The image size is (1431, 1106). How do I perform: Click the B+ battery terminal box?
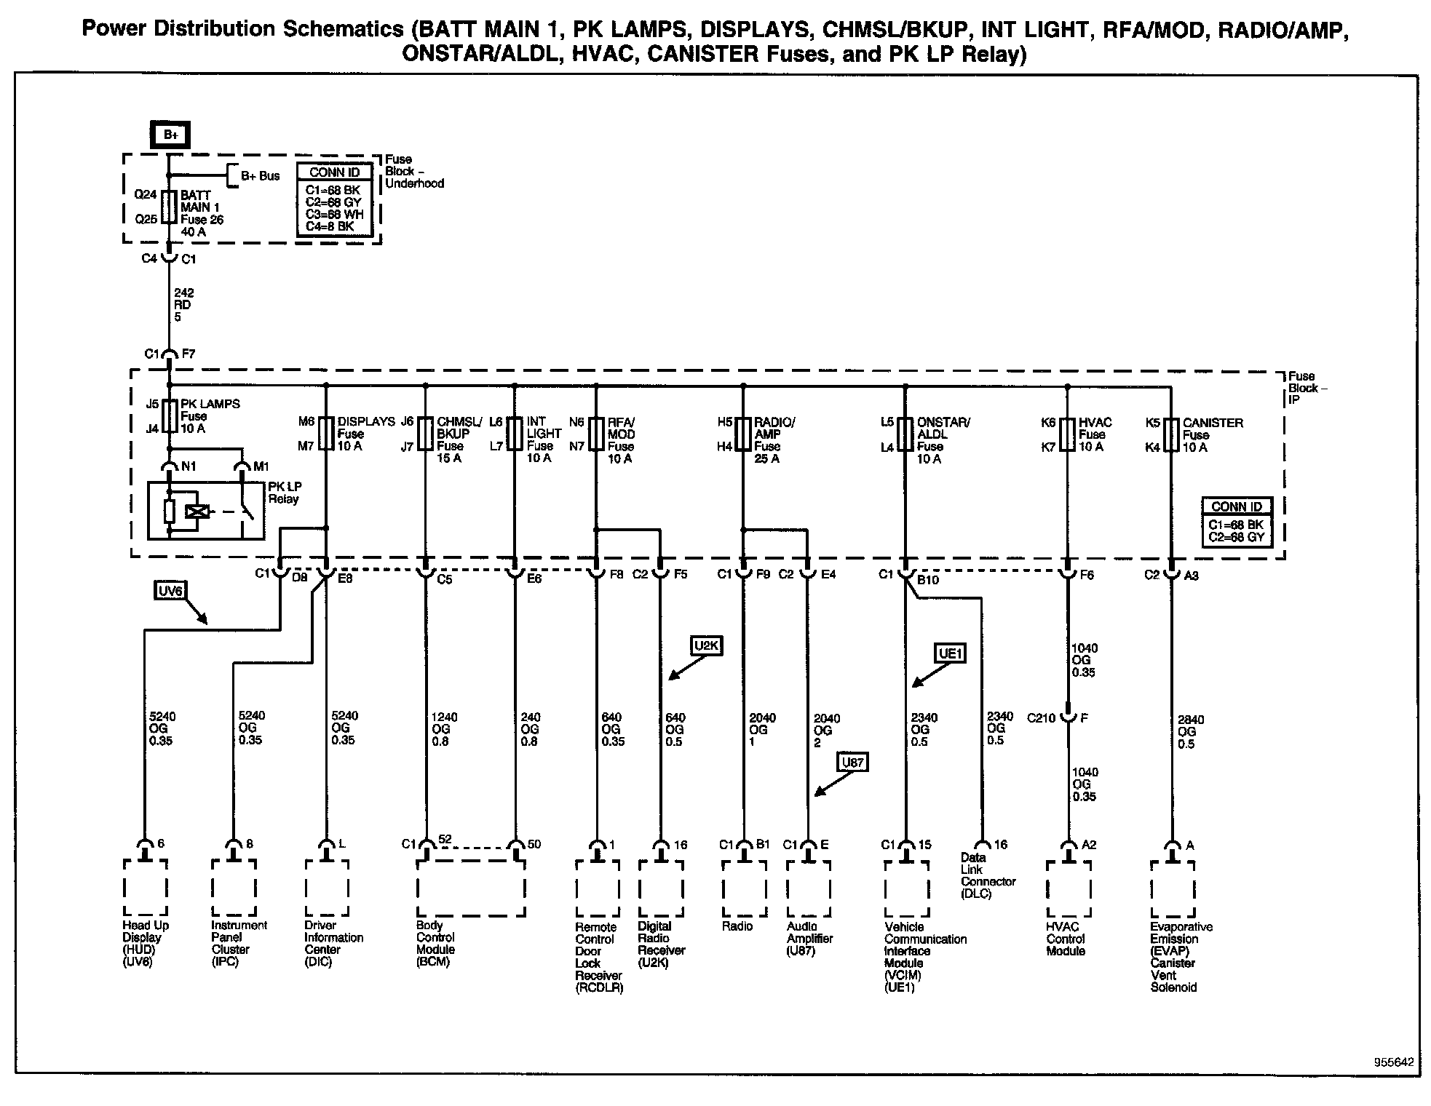tap(170, 135)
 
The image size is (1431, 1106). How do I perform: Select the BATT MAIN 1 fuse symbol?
tap(169, 207)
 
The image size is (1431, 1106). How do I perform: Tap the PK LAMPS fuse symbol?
tap(169, 415)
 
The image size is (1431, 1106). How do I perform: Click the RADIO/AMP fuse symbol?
tap(742, 434)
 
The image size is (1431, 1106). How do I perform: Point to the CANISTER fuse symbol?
tap(1170, 434)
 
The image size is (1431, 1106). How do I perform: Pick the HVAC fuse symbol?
tap(1067, 434)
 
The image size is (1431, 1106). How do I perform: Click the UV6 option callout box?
tap(170, 591)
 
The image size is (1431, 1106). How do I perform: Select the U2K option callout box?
tap(707, 645)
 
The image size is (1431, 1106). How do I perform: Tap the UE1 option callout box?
tap(950, 653)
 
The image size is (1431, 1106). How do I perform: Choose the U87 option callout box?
tap(852, 763)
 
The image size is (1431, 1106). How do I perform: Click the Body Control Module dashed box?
tap(470, 888)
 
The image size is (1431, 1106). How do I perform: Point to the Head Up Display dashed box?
tap(145, 888)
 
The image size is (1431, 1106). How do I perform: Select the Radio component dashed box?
tap(744, 888)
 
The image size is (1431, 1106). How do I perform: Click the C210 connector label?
tap(1041, 718)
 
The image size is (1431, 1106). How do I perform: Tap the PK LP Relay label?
tap(284, 493)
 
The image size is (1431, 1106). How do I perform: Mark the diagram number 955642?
tap(1393, 1062)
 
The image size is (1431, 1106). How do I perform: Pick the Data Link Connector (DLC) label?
tap(987, 875)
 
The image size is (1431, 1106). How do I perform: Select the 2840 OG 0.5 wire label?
tap(1191, 731)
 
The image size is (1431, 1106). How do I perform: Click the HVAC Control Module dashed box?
tap(1068, 888)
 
